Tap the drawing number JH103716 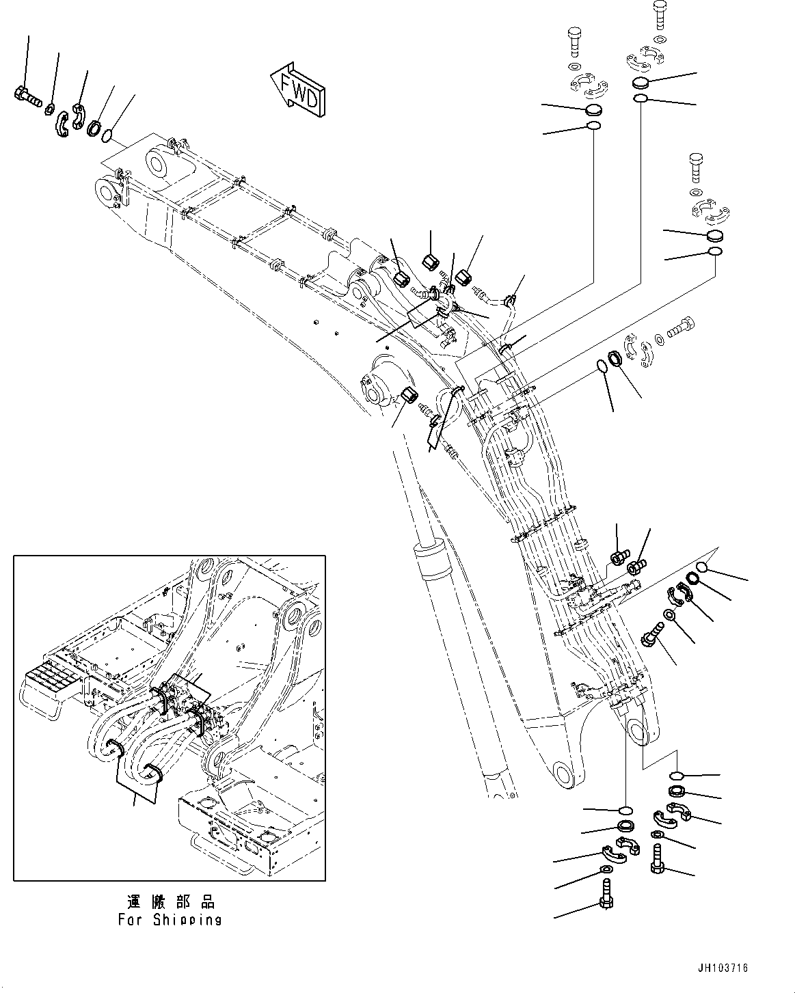(723, 968)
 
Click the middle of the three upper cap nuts (431, 261)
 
